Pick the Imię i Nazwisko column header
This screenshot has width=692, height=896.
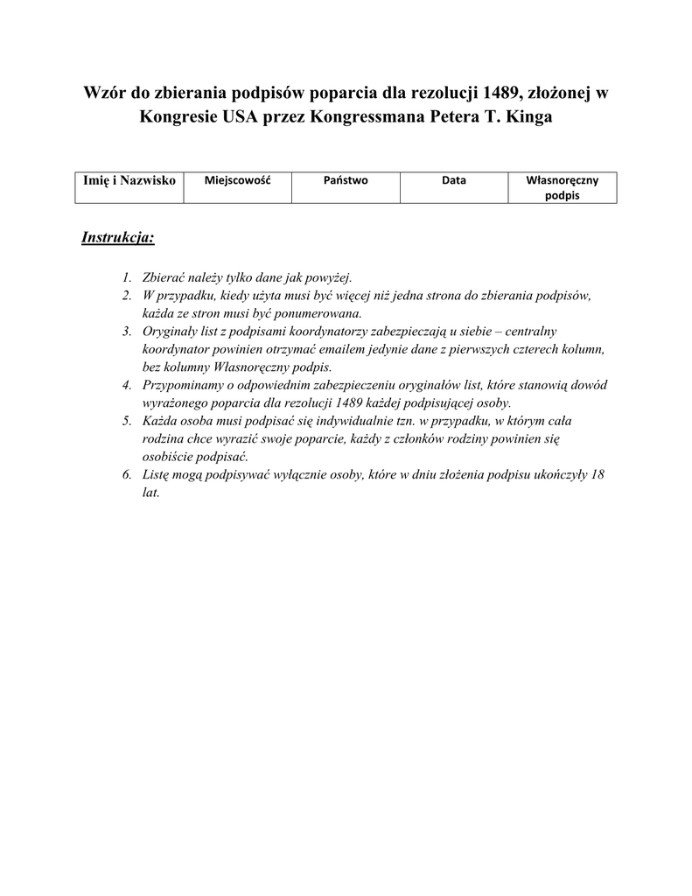[129, 180]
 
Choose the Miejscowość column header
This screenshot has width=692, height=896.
[237, 180]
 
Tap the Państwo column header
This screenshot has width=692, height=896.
[346, 180]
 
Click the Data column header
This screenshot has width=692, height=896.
[453, 180]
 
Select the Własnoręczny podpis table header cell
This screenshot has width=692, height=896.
[562, 188]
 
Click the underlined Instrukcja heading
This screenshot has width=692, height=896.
[118, 237]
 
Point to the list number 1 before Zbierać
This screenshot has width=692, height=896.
[127, 278]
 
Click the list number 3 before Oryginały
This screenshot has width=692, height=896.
[127, 331]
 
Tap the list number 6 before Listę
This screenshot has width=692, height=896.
[127, 475]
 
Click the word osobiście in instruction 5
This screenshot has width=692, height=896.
[167, 457]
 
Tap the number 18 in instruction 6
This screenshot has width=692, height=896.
[598, 475]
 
